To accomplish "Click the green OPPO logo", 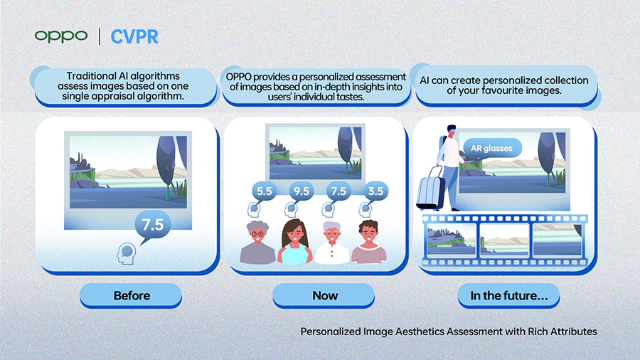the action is [x=61, y=36].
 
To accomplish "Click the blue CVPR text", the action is [x=134, y=37].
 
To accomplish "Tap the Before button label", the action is [x=132, y=295].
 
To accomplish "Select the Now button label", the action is [x=325, y=295].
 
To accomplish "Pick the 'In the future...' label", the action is [x=509, y=295].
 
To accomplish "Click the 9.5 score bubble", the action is [x=302, y=191].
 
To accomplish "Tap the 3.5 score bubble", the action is [x=375, y=191].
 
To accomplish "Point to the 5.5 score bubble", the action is [x=265, y=191].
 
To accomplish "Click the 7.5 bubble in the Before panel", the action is [x=152, y=225].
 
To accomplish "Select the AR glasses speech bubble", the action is [x=492, y=148].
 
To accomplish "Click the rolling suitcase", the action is [x=431, y=191].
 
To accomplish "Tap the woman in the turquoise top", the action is [x=294, y=242].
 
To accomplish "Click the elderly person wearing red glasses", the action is [x=257, y=243].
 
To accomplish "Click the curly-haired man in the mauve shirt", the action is [x=369, y=242].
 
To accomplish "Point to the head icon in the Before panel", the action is [x=126, y=253].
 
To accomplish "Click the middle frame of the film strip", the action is [x=504, y=240].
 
